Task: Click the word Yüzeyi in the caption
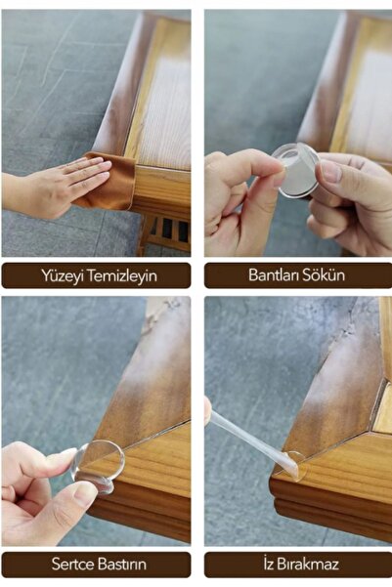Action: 60,275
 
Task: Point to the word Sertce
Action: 72,564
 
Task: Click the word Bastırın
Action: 122,564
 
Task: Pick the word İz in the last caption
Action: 269,564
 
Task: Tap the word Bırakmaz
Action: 308,564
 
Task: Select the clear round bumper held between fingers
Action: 296,170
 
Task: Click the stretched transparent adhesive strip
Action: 252,438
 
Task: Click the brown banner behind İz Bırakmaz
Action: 298,565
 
